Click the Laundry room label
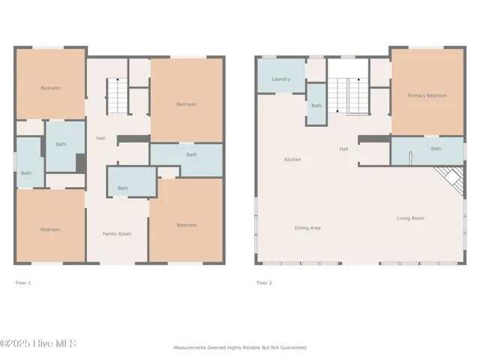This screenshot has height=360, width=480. point(281,79)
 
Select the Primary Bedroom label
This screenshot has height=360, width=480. point(427,96)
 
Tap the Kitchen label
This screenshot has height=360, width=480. point(292,160)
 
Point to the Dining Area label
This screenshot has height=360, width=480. point(307,228)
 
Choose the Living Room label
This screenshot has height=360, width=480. point(410,218)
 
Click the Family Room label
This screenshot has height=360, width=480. point(116,234)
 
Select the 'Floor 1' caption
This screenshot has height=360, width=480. point(23,283)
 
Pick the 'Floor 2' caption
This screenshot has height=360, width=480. point(264,283)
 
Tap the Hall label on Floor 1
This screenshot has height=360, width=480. point(100,138)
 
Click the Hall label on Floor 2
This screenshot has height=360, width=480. point(343,148)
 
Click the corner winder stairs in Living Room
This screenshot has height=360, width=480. point(450,180)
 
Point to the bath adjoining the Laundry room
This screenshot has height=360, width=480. point(316,106)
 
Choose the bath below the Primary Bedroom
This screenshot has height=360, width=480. point(436,148)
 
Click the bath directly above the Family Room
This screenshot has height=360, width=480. point(123,188)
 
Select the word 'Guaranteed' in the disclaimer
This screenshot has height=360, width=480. point(291,347)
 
